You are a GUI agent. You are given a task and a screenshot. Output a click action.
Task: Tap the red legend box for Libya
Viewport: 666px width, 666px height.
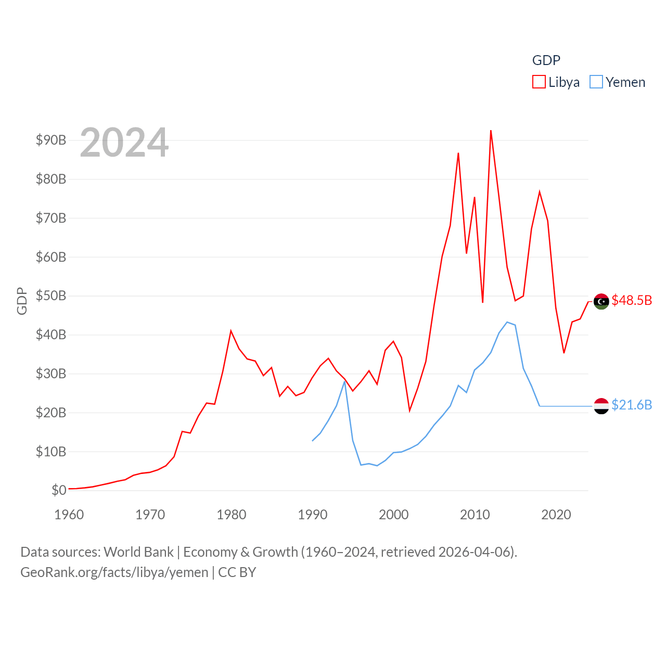(x=539, y=82)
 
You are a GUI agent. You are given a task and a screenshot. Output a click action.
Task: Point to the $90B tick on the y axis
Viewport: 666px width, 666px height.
(x=51, y=140)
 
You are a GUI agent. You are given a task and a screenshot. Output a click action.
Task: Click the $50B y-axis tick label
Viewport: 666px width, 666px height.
(x=51, y=296)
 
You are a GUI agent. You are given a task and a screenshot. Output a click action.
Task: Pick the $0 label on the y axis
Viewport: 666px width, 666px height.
(x=59, y=490)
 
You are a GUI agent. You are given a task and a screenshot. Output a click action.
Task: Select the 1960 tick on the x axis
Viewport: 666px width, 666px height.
(x=69, y=515)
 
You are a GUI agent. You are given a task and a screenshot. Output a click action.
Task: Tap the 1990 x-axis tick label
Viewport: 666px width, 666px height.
(x=313, y=515)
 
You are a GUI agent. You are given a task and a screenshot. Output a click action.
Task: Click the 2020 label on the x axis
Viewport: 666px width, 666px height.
(x=556, y=515)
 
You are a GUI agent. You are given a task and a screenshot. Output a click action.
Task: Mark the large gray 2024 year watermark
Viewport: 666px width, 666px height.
(x=124, y=143)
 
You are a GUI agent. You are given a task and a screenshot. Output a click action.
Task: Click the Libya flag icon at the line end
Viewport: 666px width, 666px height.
(x=601, y=301)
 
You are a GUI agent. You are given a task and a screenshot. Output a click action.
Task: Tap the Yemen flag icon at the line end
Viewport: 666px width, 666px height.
(x=601, y=406)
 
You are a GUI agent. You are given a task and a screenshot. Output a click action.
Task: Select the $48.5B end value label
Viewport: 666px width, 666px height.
(x=632, y=300)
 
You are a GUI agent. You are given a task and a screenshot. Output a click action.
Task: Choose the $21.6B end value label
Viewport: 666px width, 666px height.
(x=632, y=405)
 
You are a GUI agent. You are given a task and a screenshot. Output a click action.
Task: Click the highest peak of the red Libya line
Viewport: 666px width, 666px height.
(x=491, y=131)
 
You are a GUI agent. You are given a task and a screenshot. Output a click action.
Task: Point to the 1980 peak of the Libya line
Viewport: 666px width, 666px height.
(x=231, y=331)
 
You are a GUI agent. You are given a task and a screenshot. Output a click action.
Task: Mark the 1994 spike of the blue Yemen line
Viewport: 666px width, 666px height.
(x=344, y=382)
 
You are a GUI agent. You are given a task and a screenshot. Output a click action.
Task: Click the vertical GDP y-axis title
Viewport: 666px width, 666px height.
(x=22, y=301)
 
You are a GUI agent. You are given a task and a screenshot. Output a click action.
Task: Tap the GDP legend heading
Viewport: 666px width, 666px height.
(x=546, y=60)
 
